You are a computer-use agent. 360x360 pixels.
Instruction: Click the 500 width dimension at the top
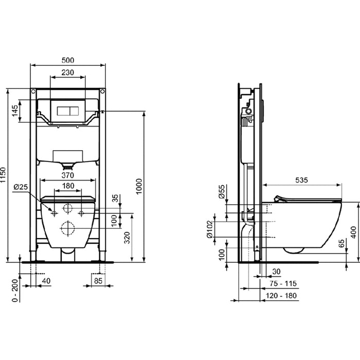68,59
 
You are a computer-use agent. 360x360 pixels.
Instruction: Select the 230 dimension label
68,73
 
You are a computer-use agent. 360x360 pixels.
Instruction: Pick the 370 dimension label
68,175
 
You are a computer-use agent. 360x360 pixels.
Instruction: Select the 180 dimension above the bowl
68,186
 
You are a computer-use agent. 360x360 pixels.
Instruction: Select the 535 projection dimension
302,180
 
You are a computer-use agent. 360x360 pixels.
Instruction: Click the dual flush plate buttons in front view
68,110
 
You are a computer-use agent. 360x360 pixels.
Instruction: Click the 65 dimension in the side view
342,245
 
